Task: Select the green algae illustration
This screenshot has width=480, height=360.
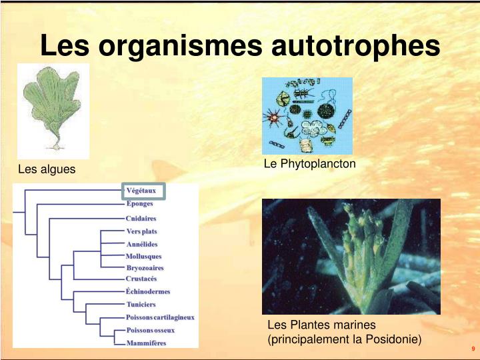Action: (53, 110)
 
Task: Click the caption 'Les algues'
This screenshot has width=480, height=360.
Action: (47, 170)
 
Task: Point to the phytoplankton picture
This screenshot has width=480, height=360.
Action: (307, 115)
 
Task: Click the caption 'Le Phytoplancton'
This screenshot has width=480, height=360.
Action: (310, 163)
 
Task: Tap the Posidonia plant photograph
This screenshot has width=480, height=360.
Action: (351, 257)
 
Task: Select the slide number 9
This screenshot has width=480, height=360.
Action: (473, 349)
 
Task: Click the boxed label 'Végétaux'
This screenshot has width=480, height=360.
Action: (141, 191)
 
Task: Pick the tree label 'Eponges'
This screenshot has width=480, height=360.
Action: (140, 204)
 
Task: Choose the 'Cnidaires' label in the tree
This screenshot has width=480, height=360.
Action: (141, 218)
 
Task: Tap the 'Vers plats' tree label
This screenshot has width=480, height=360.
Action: (142, 231)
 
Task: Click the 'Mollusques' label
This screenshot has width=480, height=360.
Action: (144, 256)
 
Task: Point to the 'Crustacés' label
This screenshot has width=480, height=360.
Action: (142, 279)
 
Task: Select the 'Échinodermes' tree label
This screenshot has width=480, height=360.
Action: (148, 291)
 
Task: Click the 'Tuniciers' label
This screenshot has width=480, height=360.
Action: (141, 305)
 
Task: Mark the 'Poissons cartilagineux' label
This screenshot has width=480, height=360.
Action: (160, 317)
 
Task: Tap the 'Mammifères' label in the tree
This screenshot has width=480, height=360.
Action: (147, 343)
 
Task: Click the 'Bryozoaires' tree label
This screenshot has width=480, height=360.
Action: (145, 268)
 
